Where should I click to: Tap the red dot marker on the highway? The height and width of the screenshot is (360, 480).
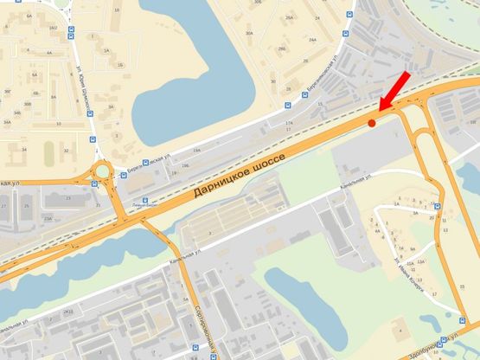[372, 124]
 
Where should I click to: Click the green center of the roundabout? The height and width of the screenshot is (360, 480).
[103, 170]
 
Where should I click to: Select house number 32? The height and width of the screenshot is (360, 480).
[66, 150]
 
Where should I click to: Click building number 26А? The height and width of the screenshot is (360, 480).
[289, 16]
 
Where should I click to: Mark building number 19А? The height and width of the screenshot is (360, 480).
[197, 151]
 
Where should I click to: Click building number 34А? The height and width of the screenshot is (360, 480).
[10, 122]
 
